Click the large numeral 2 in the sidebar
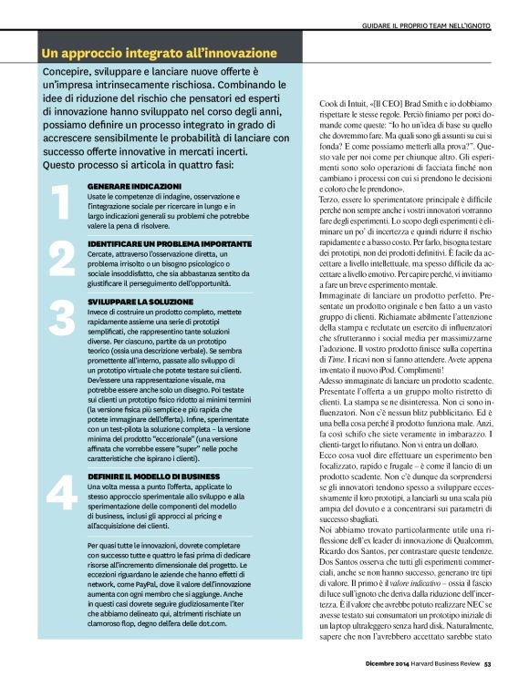59,261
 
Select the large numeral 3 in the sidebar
59,319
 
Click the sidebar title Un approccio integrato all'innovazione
160,53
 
